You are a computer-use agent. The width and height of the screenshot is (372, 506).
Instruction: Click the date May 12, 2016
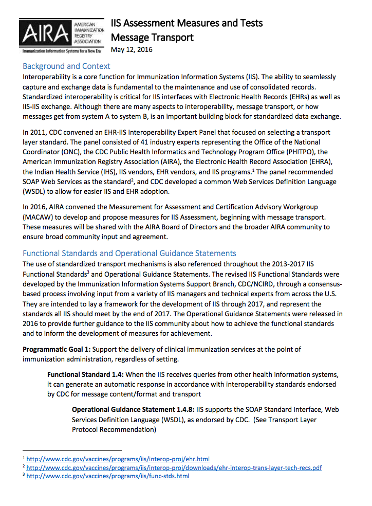click(x=132, y=50)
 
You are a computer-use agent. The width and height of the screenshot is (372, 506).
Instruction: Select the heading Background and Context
click(x=66, y=66)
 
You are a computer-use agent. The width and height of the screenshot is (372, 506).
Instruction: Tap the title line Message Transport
click(x=152, y=37)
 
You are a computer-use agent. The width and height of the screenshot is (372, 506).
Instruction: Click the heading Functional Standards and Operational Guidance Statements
click(x=129, y=253)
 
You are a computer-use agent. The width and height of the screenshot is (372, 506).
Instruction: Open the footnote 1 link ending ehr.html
click(x=118, y=459)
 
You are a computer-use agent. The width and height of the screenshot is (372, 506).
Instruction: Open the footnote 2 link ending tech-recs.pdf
click(x=174, y=467)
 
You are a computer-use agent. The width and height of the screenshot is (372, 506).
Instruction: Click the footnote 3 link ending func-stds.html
click(x=108, y=476)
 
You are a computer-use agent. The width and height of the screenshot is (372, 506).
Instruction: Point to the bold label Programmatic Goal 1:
click(x=57, y=349)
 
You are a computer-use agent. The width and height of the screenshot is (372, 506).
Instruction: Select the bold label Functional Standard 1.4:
click(x=85, y=374)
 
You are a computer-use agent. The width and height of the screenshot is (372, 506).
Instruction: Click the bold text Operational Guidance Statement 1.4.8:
click(x=133, y=410)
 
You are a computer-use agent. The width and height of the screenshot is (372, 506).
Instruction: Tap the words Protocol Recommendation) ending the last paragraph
click(x=114, y=429)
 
